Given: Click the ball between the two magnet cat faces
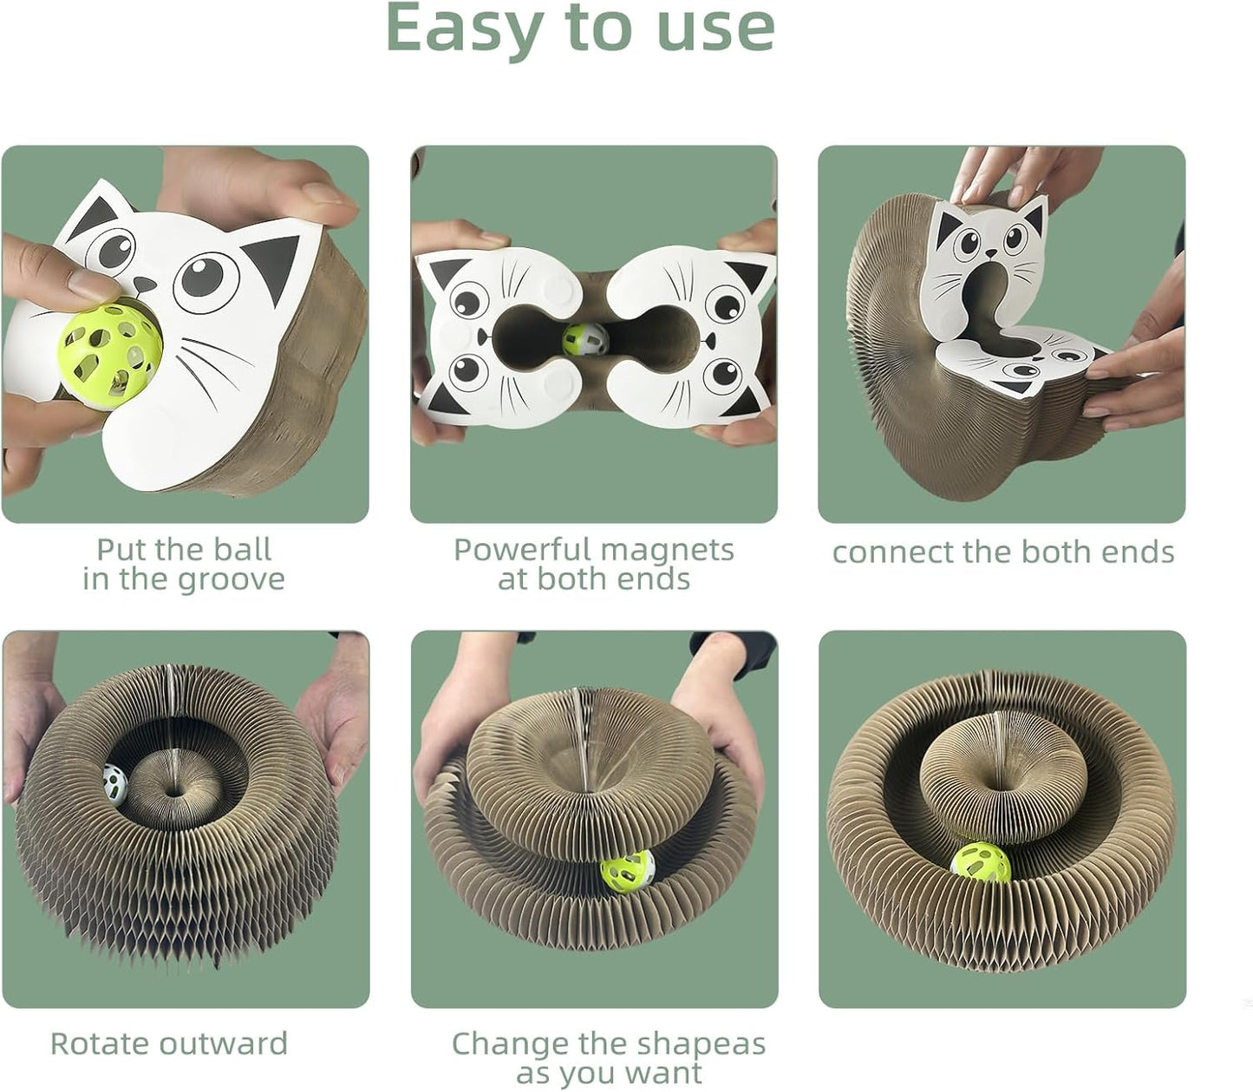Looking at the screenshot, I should [x=585, y=339].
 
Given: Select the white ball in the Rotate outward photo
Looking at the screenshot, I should [x=114, y=784].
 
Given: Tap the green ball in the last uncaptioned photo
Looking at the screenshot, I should [x=981, y=863].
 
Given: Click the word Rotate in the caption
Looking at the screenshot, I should [x=100, y=1043].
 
